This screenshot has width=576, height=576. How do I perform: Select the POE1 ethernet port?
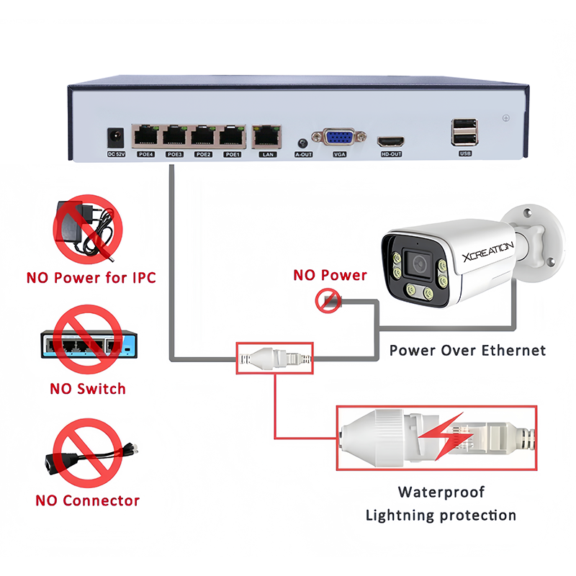coord(231,134)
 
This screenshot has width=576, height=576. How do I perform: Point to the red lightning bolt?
coord(432,436)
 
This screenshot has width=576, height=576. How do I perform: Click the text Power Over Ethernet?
coord(467,351)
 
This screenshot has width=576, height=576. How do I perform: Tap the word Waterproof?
coord(441,492)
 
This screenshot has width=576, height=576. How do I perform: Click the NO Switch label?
coord(87,389)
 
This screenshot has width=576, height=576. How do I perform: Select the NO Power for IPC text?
coord(91,276)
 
